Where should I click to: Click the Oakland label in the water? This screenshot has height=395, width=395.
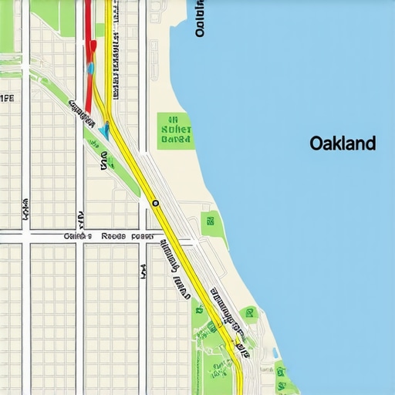click(x=343, y=143)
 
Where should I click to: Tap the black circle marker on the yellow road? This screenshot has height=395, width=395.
click(x=156, y=203)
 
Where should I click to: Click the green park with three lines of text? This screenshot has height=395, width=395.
click(x=175, y=130)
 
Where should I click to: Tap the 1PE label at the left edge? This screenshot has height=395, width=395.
click(x=7, y=98)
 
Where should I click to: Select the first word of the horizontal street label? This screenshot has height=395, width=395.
click(x=78, y=237)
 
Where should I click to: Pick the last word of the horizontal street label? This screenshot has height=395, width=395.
click(x=143, y=237)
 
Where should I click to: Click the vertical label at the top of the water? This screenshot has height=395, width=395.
click(x=201, y=19)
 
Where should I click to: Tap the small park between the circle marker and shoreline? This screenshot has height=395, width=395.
click(x=211, y=225)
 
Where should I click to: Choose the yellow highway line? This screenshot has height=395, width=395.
click(x=177, y=247)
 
